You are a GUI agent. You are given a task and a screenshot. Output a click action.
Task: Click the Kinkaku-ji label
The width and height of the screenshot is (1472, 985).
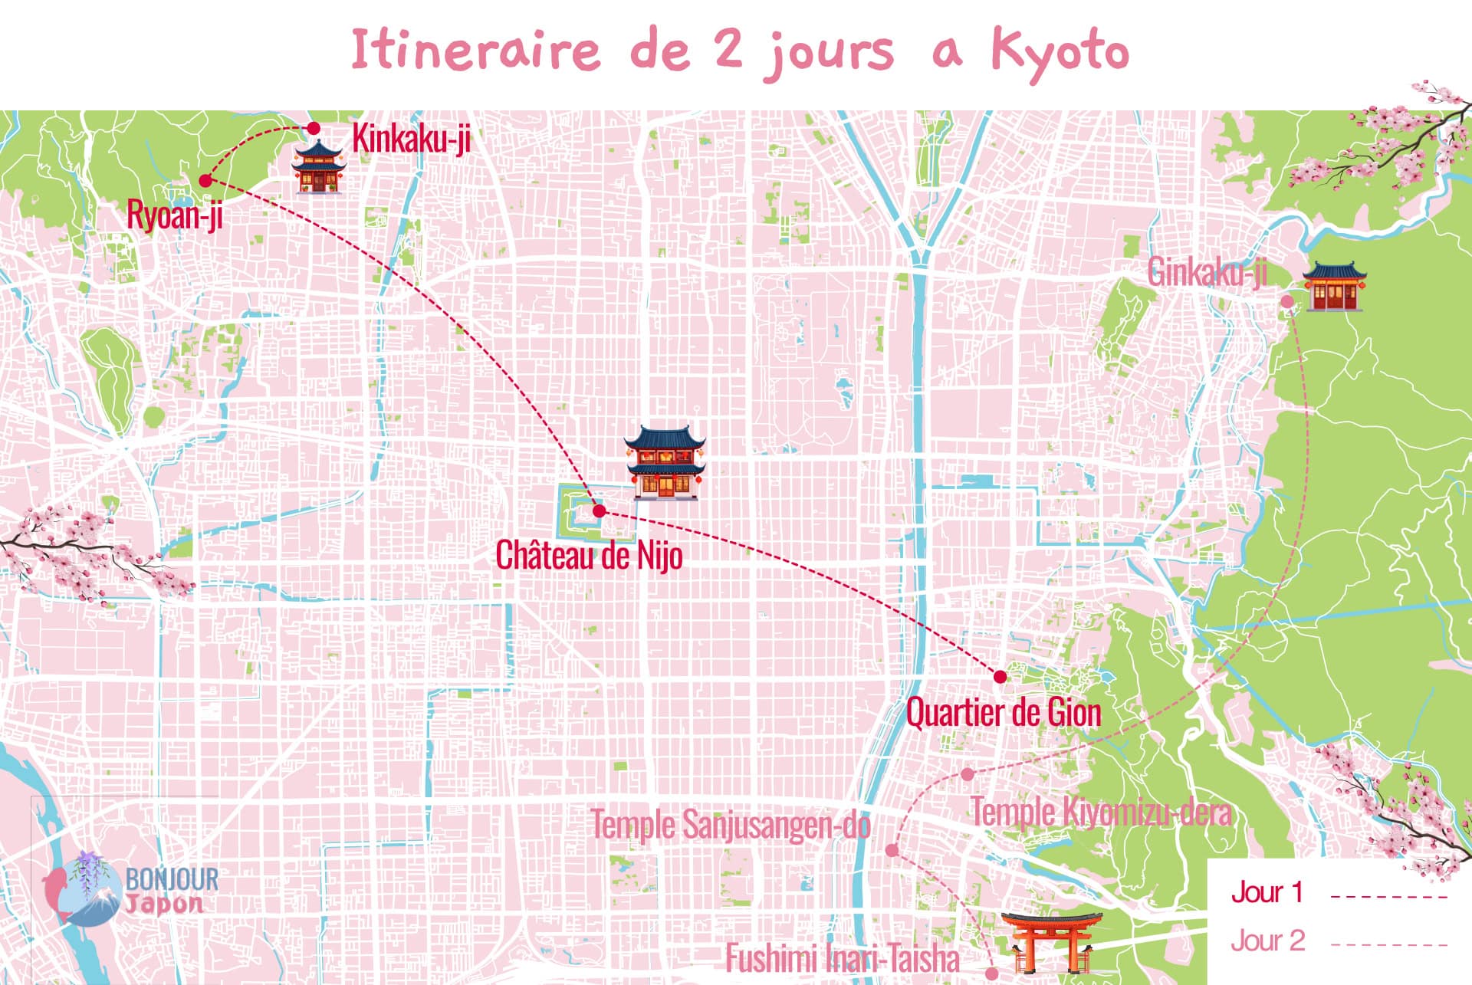coord(411,139)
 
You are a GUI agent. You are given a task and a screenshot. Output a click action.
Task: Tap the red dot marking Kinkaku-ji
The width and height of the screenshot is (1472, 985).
coord(314,128)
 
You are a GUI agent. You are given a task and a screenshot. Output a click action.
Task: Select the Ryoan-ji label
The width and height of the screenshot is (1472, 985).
coord(175,215)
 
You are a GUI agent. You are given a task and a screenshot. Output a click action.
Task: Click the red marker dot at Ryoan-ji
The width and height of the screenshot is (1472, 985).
coord(205,181)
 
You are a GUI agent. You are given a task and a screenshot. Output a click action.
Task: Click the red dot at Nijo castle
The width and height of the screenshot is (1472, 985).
coord(600,511)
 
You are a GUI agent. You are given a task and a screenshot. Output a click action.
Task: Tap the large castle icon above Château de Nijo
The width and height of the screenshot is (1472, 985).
coord(664,462)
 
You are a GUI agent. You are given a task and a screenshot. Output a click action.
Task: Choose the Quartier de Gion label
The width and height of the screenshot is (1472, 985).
coord(1004,713)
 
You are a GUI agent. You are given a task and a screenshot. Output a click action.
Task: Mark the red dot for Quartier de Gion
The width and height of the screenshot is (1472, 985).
coord(1000,676)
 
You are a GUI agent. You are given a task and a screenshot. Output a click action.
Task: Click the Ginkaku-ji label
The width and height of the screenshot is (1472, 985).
coord(1207,273)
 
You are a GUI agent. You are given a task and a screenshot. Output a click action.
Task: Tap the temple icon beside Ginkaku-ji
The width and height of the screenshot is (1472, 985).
coord(1335,286)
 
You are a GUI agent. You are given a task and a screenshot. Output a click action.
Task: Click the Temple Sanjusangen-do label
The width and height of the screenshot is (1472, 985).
coord(730,826)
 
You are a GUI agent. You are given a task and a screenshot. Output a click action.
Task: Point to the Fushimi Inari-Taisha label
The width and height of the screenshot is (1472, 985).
coord(843,958)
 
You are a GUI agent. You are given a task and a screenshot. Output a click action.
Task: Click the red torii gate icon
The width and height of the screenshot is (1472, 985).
coord(1050,941)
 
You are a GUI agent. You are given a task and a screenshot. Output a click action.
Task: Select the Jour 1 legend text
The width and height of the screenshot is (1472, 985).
coord(1267,892)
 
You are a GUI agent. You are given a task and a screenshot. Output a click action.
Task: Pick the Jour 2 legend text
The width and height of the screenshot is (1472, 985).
coord(1267,941)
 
